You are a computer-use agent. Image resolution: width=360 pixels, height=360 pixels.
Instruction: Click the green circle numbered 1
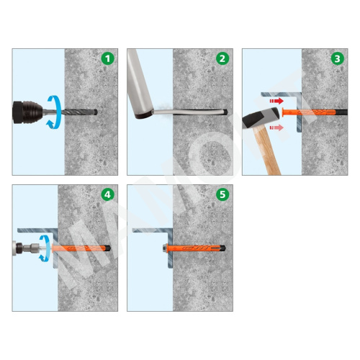coord(107,58)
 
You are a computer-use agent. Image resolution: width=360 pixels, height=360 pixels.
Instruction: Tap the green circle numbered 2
coord(222,58)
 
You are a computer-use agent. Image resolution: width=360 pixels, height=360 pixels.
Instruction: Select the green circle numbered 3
coord(338,58)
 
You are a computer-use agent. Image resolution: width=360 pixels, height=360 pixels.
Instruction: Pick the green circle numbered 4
coord(107,194)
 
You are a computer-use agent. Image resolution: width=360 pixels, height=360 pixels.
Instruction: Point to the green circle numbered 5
coord(222,194)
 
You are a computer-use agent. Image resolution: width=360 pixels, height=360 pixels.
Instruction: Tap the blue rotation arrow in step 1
coord(54,112)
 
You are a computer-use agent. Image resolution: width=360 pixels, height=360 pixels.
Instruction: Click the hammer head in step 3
coord(261,117)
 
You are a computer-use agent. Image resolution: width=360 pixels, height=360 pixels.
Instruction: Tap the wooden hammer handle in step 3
coord(267,150)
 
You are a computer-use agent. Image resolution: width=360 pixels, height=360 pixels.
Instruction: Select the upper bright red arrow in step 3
coord(276,101)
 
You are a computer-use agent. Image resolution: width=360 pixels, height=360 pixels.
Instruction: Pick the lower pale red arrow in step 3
coord(276,127)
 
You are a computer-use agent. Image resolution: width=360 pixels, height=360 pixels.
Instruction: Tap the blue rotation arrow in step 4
coord(45,248)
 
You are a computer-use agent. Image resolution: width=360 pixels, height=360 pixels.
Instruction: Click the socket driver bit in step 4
coord(31,248)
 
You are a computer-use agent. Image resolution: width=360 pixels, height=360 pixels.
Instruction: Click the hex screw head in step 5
coord(165,248)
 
